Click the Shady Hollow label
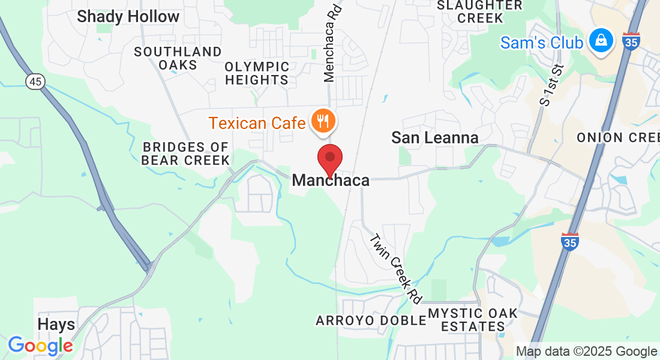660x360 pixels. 128,17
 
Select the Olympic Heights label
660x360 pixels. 257,73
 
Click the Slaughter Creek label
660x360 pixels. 480,11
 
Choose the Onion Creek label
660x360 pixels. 618,137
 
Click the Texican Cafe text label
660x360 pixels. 257,124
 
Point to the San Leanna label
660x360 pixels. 435,137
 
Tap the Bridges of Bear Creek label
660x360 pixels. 186,153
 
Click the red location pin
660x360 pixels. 329,159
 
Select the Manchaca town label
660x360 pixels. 331,180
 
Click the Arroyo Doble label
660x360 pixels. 371,320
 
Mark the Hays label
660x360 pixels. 56,325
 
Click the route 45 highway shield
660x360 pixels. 35,82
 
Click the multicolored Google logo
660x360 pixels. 40,346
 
